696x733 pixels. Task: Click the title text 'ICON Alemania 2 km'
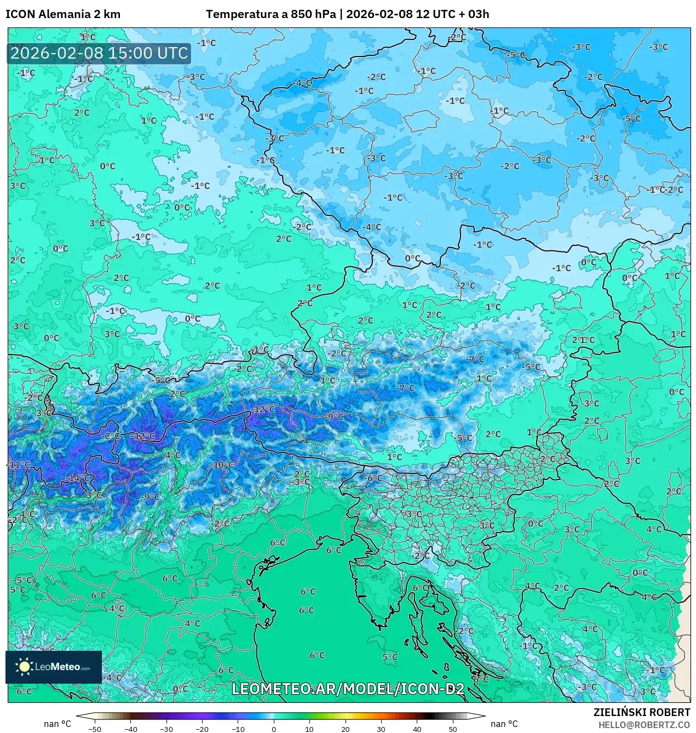pos(63,14)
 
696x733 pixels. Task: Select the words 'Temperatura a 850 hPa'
pos(271,14)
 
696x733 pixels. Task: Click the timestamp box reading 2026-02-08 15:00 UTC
pos(99,54)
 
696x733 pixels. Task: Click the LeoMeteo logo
pos(54,667)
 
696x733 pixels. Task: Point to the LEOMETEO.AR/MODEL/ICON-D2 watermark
pos(348,689)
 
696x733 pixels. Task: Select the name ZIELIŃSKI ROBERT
pos(642,712)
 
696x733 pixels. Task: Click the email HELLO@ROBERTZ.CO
pos(644,724)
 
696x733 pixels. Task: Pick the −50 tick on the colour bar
pos(95,729)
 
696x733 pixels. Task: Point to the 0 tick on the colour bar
pos(274,729)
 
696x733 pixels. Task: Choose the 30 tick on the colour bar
pos(381,729)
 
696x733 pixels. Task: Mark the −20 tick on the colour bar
pos(202,729)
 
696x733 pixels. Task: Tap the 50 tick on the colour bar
pos(452,729)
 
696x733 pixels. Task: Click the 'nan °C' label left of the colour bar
pos(57,724)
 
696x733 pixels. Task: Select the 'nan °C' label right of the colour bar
pos(504,724)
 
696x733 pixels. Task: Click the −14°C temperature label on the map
pos(78,478)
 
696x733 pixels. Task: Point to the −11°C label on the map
pos(19,465)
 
